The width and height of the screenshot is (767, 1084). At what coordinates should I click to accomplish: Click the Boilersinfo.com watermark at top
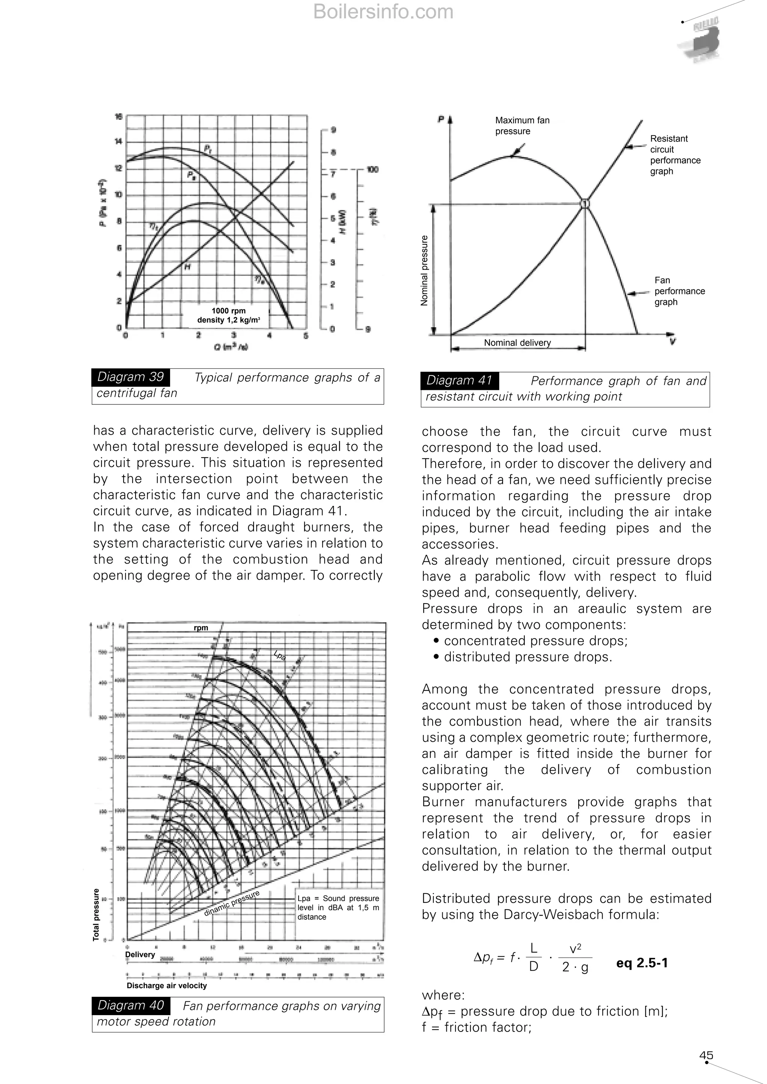point(383,12)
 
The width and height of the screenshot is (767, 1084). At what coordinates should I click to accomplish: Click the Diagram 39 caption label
point(130,377)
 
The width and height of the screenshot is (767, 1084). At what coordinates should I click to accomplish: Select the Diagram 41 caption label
point(459,380)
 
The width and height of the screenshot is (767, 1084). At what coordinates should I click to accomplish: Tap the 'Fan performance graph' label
point(679,291)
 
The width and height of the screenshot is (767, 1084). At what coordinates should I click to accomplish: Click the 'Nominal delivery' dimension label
point(517,343)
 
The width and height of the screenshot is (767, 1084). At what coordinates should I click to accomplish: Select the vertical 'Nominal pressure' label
point(424,270)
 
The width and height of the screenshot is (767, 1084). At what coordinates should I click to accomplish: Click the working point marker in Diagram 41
point(585,203)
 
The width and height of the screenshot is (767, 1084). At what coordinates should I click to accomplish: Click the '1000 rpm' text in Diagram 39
point(228,311)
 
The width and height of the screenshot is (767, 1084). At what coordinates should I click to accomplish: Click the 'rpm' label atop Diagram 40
point(201,628)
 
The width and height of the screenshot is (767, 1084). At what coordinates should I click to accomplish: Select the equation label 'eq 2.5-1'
point(642,963)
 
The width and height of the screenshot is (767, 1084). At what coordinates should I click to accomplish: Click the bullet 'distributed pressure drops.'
point(528,657)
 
